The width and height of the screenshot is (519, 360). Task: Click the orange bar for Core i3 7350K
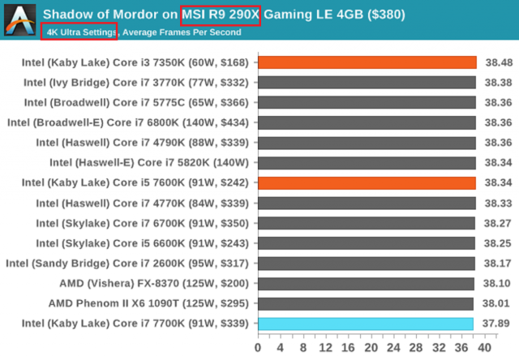pos(367,62)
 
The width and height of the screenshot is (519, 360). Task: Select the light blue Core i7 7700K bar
pos(365,324)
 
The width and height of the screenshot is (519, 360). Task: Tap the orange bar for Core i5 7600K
pos(367,182)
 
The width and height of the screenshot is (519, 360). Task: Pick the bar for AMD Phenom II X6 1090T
pos(365,303)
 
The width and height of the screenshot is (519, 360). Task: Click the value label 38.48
pos(496,62)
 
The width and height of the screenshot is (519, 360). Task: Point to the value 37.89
pos(496,324)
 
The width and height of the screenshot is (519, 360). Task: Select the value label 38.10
pos(496,283)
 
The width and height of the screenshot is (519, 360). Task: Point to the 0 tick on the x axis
pos(258,347)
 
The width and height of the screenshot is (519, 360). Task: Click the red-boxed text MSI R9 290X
pos(221,15)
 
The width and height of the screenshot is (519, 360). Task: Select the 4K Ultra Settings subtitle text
pos(79,32)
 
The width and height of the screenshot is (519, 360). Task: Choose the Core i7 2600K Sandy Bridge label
pos(130,263)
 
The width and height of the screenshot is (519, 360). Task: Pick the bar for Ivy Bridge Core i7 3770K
pos(367,82)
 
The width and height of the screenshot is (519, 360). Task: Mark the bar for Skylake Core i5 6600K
pos(366,242)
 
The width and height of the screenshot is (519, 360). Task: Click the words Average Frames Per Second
pos(182,32)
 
